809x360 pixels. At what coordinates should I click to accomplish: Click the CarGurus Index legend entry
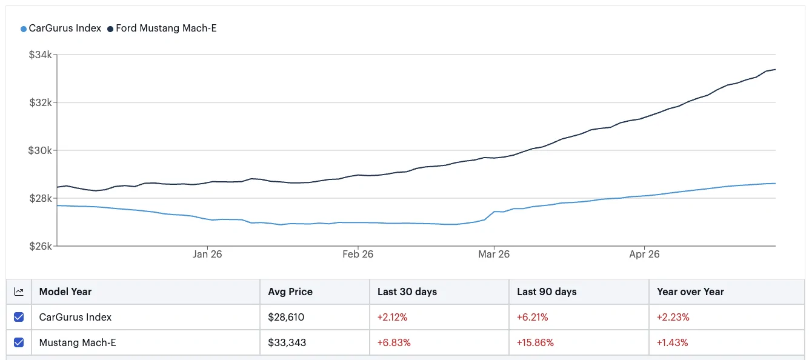click(61, 28)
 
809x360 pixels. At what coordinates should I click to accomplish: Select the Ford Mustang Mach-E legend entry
click(162, 28)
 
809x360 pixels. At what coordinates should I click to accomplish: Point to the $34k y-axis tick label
click(41, 55)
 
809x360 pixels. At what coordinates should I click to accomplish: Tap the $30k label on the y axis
click(40, 150)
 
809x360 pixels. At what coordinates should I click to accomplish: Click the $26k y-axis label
click(41, 246)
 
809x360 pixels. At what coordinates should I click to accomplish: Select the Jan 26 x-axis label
click(207, 254)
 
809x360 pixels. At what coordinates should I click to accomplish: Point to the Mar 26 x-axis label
click(494, 254)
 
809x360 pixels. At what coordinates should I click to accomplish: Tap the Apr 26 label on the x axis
click(644, 254)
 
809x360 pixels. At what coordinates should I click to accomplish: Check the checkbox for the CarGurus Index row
click(19, 317)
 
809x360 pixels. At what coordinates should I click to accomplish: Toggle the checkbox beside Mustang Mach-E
click(19, 342)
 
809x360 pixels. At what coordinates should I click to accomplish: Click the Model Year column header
click(65, 292)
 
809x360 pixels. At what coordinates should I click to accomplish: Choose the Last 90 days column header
click(547, 292)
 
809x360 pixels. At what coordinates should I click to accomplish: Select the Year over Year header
click(691, 292)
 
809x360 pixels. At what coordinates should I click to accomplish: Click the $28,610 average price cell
click(286, 317)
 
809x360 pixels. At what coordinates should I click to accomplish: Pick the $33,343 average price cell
click(287, 342)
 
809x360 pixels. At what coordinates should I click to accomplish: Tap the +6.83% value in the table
click(394, 342)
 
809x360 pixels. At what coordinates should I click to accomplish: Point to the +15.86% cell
click(535, 342)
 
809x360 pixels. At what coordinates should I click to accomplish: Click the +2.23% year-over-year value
click(673, 317)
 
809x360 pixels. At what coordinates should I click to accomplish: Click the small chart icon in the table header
click(19, 292)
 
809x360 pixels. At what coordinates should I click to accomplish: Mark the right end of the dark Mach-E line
click(776, 69)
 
